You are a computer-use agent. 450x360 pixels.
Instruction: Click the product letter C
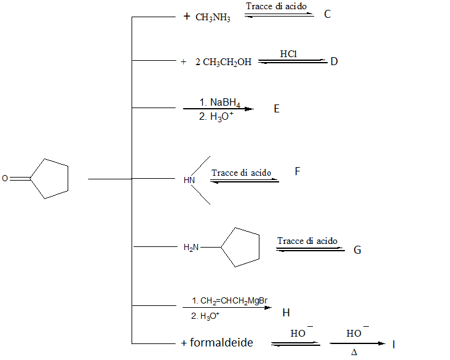(327, 14)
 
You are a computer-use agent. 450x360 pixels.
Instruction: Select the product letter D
(334, 61)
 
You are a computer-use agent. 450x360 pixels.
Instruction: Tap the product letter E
(277, 109)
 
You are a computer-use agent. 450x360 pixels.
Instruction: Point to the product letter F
(298, 171)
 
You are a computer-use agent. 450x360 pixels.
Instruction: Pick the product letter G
(357, 250)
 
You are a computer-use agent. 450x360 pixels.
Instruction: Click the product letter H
(286, 313)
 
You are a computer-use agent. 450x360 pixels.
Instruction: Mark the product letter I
(393, 345)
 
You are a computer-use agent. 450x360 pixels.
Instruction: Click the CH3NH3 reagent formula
(213, 18)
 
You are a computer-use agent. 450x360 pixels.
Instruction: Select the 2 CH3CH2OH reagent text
(223, 62)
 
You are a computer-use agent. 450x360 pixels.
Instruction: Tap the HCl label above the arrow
(288, 54)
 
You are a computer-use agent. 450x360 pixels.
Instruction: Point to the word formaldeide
(221, 343)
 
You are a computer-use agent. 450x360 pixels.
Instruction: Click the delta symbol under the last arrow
(354, 352)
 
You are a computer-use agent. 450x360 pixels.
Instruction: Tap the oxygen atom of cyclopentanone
(5, 179)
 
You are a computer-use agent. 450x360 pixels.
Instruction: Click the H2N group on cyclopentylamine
(191, 248)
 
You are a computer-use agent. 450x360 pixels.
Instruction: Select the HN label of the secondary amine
(189, 181)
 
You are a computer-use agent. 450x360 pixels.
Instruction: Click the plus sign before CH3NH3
(187, 17)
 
